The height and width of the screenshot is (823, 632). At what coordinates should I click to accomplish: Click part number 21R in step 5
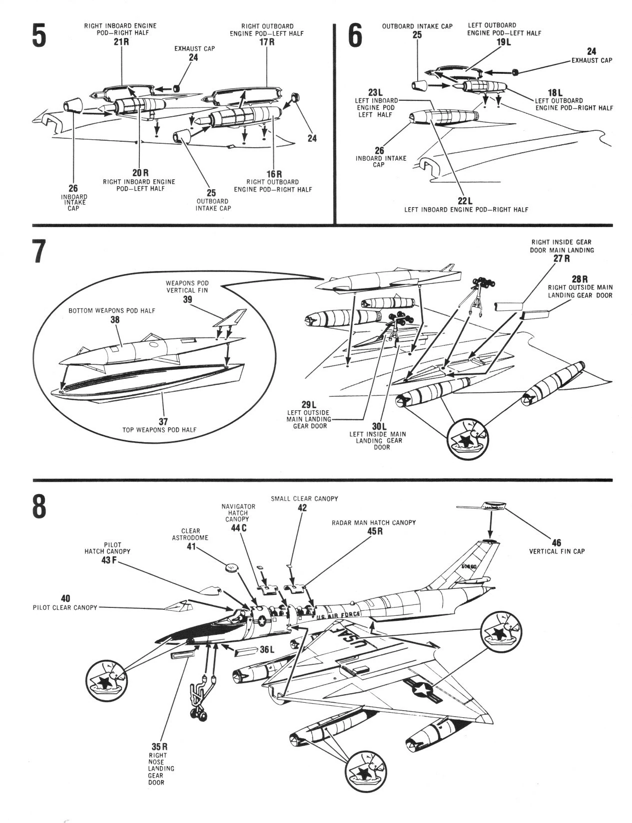click(121, 41)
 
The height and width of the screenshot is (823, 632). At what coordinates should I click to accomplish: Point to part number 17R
click(267, 42)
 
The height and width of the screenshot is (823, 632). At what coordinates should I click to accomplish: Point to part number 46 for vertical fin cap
click(557, 543)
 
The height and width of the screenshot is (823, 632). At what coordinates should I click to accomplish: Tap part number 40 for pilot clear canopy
click(65, 598)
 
